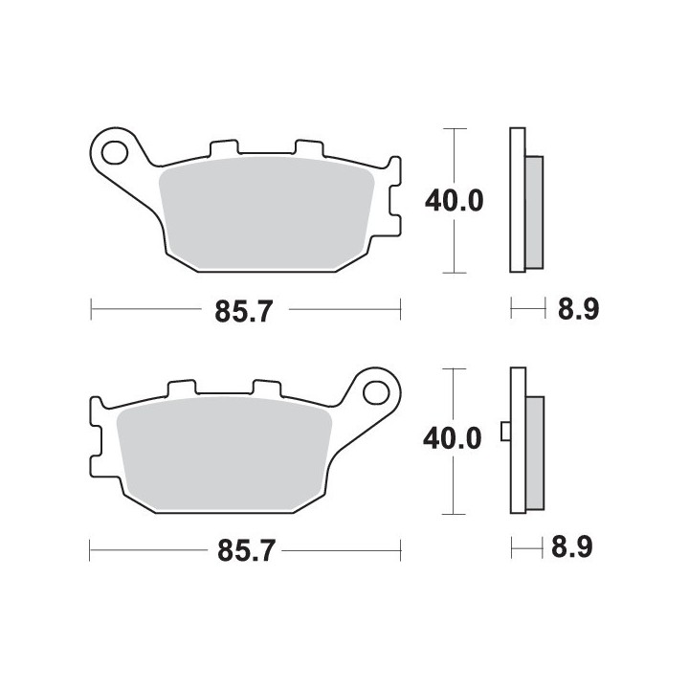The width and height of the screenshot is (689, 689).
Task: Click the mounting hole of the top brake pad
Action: click(114, 153)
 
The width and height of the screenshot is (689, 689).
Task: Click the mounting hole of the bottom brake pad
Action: click(376, 393)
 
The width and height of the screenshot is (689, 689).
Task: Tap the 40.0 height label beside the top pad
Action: click(454, 201)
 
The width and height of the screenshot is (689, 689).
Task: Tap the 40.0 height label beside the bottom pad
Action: click(452, 438)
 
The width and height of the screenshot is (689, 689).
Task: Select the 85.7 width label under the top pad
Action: click(244, 311)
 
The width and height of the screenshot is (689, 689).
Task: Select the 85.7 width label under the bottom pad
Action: click(247, 550)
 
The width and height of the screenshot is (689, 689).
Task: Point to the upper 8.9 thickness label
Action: click(579, 309)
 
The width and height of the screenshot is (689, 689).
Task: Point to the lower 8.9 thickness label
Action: click(572, 547)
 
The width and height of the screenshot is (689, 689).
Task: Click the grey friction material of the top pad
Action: click(266, 213)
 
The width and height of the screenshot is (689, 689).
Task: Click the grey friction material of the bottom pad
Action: click(224, 454)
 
